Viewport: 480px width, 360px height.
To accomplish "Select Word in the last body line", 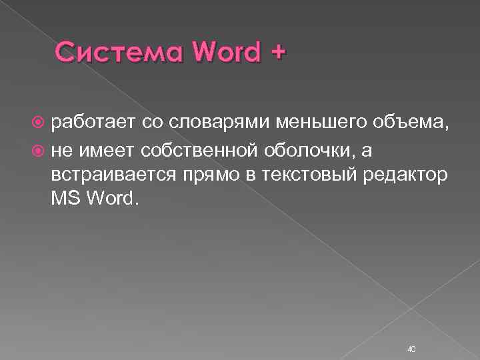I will click(113, 199).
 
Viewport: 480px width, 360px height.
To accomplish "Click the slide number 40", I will click(411, 330).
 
